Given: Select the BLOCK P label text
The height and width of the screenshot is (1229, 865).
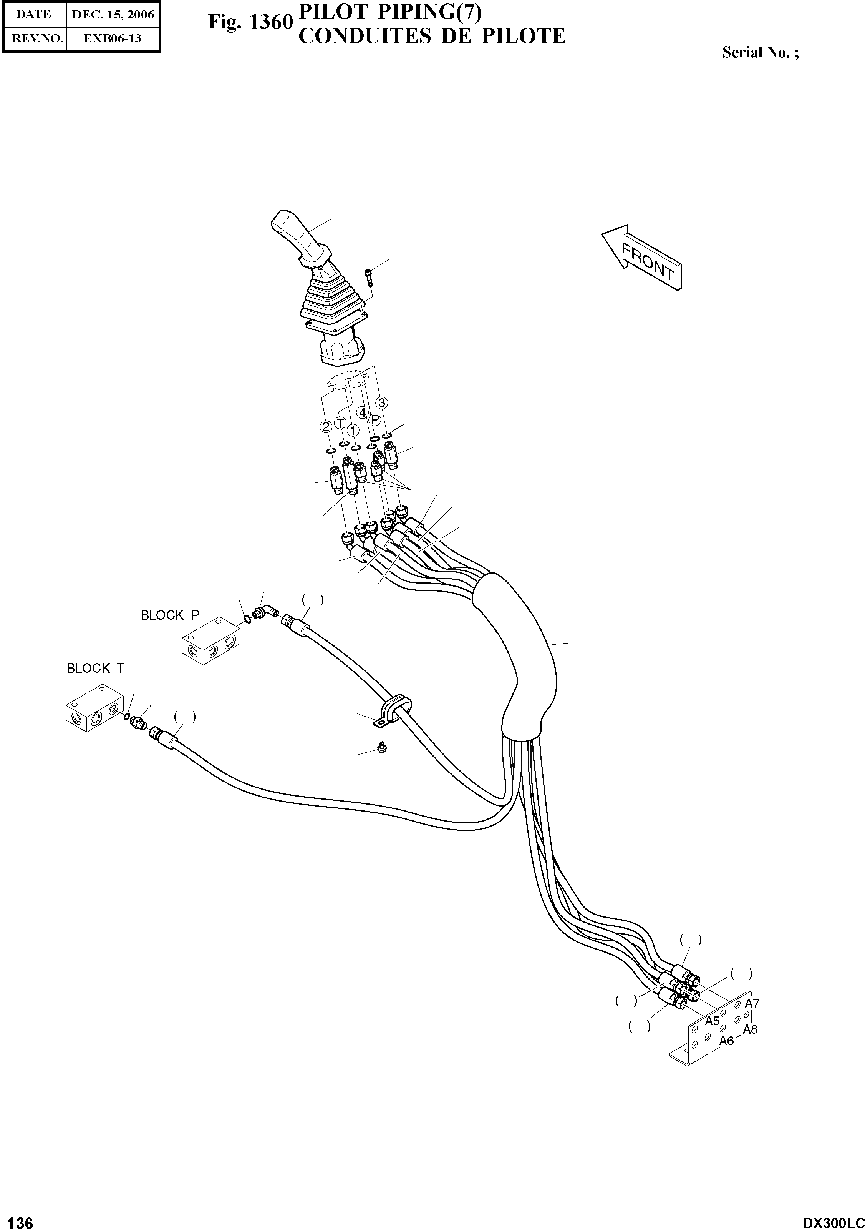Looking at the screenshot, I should tap(169, 615).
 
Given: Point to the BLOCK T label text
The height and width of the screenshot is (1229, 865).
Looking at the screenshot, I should tap(95, 669).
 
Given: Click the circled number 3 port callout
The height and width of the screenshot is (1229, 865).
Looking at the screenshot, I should tap(382, 402).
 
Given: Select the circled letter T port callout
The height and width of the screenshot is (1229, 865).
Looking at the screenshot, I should tap(340, 423).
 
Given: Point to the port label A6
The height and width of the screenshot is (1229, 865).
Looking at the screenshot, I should tap(726, 1041).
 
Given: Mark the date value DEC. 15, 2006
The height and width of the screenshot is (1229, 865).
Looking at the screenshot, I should tap(113, 15).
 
